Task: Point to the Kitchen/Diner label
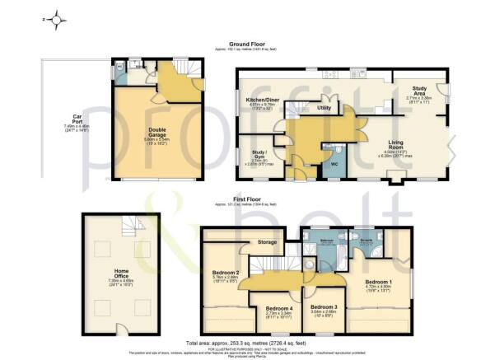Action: point(261,100)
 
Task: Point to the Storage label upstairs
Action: point(266,242)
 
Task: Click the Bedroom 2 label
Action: point(226,273)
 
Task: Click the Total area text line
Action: point(249,342)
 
